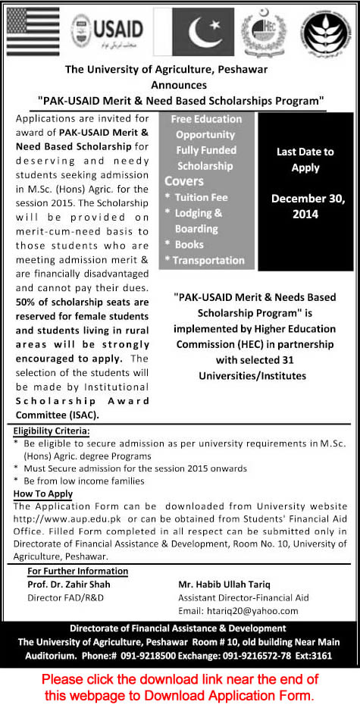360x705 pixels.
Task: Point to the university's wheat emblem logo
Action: click(x=326, y=32)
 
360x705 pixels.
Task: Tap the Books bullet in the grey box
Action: click(x=189, y=244)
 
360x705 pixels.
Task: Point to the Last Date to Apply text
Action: click(x=305, y=159)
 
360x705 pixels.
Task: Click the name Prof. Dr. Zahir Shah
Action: click(x=68, y=584)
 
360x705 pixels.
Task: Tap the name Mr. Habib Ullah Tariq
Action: click(x=236, y=584)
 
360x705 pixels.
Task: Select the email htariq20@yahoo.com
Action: click(x=251, y=611)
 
